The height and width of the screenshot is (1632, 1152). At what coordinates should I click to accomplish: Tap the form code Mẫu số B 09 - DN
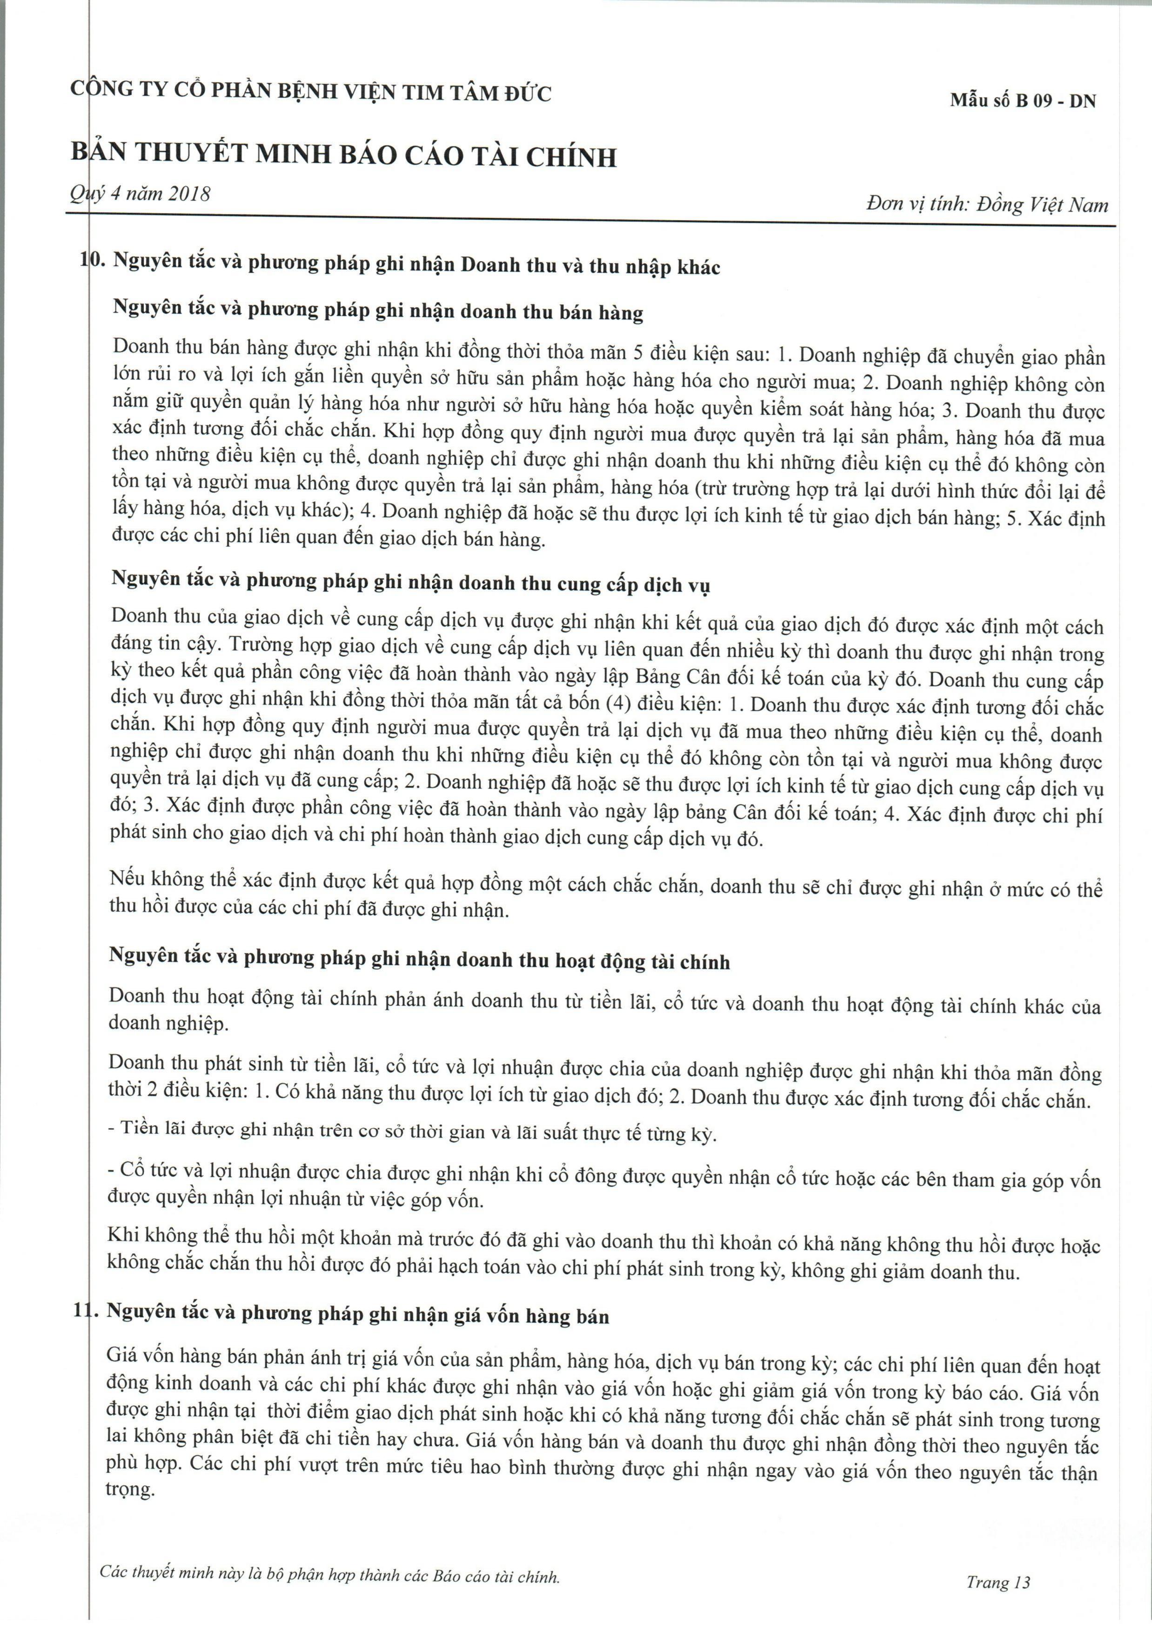(1023, 101)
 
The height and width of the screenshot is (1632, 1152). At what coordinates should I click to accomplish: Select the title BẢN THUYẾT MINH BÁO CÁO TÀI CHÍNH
(343, 156)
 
